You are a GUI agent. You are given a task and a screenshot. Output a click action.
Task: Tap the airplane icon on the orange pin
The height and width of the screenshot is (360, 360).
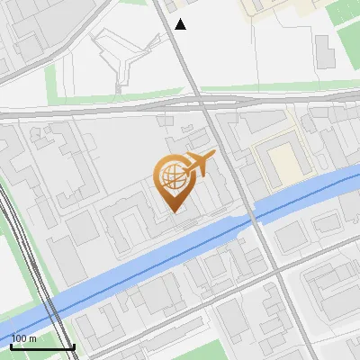pos(200,162)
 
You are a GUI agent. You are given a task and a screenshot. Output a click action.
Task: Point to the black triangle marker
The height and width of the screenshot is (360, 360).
pos(180,24)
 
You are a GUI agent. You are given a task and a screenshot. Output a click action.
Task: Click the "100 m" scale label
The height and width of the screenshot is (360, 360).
pos(24,338)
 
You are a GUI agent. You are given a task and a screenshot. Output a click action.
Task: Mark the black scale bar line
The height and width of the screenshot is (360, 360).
pos(42,346)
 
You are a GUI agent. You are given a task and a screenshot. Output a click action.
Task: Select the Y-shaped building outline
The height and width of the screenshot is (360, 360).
pos(121,54)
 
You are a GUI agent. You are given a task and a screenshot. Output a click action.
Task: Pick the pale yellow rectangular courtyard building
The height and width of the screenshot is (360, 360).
pos(281,163)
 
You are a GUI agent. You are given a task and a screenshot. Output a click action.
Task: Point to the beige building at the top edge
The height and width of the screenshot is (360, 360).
pos(270,7)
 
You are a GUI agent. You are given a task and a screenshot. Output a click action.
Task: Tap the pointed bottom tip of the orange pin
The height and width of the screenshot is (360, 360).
pos(175,211)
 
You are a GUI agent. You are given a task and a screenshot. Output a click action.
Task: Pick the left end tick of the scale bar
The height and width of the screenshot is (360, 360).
pos(11,346)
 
